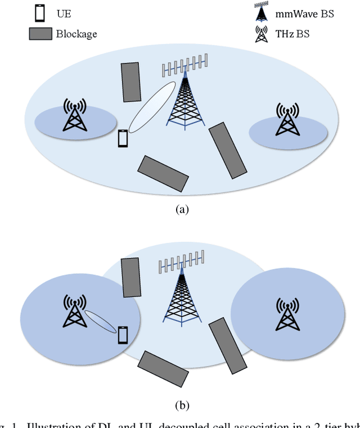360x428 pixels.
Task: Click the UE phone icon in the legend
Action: pyautogui.click(x=39, y=12)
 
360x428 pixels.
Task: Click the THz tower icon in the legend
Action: pyautogui.click(x=261, y=34)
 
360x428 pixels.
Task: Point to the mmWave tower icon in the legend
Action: pyautogui.click(x=261, y=12)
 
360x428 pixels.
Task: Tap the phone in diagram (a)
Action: pyautogui.click(x=123, y=138)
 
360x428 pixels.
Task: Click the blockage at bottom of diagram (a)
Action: pyautogui.click(x=163, y=172)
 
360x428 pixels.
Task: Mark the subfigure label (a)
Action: pyautogui.click(x=181, y=209)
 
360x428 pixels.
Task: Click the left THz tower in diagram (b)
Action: pyautogui.click(x=74, y=311)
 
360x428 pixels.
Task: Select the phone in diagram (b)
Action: pyautogui.click(x=123, y=335)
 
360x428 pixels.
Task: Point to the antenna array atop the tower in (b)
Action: pyautogui.click(x=181, y=263)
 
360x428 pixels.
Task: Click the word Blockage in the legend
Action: pyautogui.click(x=76, y=34)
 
